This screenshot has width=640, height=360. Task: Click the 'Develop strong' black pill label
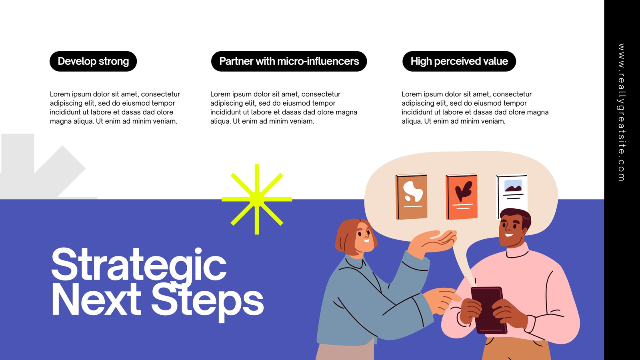93,61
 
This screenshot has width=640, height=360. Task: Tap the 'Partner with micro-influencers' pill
289,61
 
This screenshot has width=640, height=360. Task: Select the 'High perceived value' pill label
459,61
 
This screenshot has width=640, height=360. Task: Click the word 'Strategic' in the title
139,266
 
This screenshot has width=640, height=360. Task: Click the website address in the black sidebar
621,112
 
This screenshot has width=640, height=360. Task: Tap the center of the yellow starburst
257,199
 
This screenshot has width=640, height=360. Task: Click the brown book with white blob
412,197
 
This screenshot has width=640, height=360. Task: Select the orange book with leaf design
462,197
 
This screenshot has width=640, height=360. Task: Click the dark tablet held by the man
488,310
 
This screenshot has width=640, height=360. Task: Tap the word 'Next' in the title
96,302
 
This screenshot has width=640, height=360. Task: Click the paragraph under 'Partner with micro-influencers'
284,108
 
